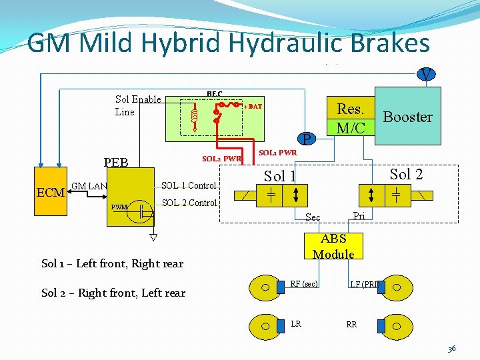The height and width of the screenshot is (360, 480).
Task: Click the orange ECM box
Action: click(x=50, y=193)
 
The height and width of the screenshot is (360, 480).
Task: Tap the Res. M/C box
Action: click(x=350, y=117)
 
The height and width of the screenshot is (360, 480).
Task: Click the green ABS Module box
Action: click(x=333, y=246)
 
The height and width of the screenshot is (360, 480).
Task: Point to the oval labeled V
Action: click(x=425, y=73)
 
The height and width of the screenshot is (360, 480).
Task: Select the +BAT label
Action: click(x=253, y=107)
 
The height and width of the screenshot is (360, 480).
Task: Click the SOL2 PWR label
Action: click(x=221, y=159)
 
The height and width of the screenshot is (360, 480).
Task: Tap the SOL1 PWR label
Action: click(x=277, y=153)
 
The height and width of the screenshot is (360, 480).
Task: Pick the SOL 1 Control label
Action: click(x=189, y=185)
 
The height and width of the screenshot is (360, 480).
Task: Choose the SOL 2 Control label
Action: click(x=189, y=203)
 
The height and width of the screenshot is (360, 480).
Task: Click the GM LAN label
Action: click(x=89, y=186)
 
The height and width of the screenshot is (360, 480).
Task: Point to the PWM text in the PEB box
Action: click(x=119, y=207)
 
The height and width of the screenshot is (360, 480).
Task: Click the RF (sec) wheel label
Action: click(x=303, y=285)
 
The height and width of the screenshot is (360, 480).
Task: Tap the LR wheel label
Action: click(x=296, y=323)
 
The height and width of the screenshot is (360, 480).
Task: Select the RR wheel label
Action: click(x=351, y=325)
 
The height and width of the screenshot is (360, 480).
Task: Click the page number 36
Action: click(x=451, y=348)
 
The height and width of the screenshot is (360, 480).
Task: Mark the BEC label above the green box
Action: click(x=214, y=94)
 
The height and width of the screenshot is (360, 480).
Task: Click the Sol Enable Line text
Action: click(x=138, y=105)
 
